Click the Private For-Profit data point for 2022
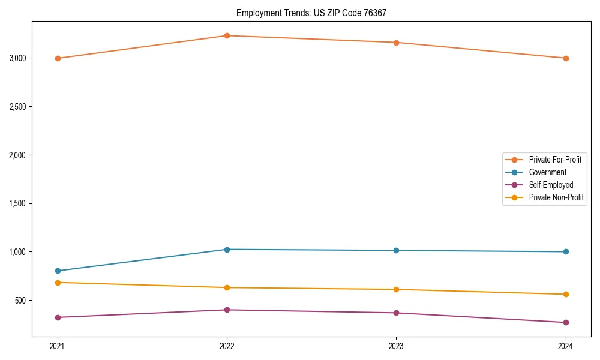click(x=227, y=35)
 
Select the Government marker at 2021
click(x=58, y=271)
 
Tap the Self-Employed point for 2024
click(x=565, y=322)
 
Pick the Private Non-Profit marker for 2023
click(x=396, y=289)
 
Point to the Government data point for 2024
click(x=565, y=251)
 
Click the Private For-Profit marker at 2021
click(x=58, y=58)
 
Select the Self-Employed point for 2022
click(x=227, y=310)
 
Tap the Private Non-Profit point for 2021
click(x=58, y=283)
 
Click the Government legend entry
click(x=547, y=172)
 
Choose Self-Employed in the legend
click(x=551, y=185)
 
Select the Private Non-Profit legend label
click(x=556, y=197)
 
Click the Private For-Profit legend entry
click(x=555, y=160)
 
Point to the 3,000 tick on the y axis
click(x=17, y=58)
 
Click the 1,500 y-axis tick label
click(x=17, y=203)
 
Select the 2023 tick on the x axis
click(x=396, y=346)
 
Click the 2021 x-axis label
click(x=58, y=346)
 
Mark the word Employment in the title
click(x=256, y=13)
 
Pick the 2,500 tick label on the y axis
click(x=17, y=107)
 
